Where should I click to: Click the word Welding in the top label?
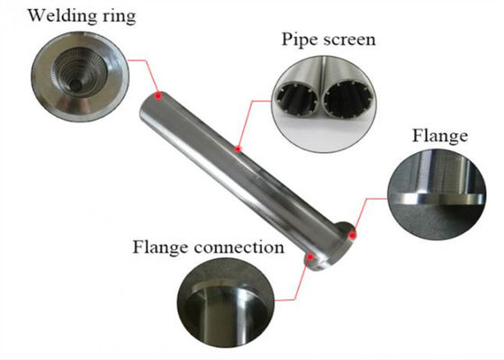[62, 15]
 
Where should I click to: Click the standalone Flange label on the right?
[440, 136]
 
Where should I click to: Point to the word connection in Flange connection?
[239, 247]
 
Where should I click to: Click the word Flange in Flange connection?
[160, 247]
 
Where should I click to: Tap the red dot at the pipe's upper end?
[158, 96]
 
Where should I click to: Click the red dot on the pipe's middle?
[238, 148]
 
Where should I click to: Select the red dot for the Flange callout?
[353, 236]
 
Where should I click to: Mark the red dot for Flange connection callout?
[310, 257]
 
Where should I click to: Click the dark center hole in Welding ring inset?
[76, 85]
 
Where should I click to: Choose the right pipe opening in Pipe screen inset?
[349, 99]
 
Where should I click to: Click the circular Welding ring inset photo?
[80, 76]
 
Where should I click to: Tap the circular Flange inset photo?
[436, 194]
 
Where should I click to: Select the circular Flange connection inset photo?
[226, 302]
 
